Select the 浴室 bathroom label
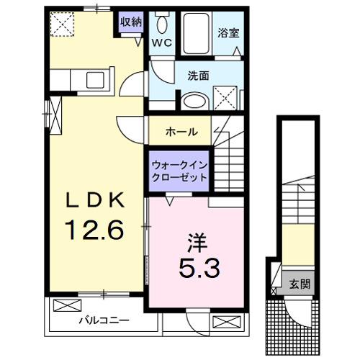coord(228,32)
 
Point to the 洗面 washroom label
coord(199,75)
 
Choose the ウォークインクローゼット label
coord(179,171)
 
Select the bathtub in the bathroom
coord(194,31)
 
